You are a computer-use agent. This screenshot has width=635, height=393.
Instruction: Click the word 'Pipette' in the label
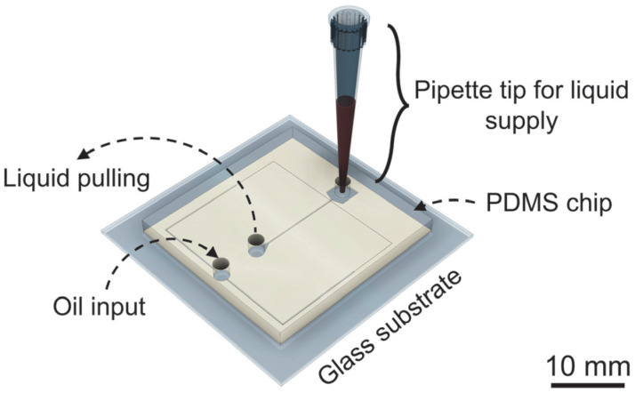(x=446, y=89)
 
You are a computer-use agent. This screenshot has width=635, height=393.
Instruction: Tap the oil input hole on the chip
(x=220, y=265)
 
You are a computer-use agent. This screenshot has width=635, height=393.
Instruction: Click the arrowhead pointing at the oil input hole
(x=213, y=254)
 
